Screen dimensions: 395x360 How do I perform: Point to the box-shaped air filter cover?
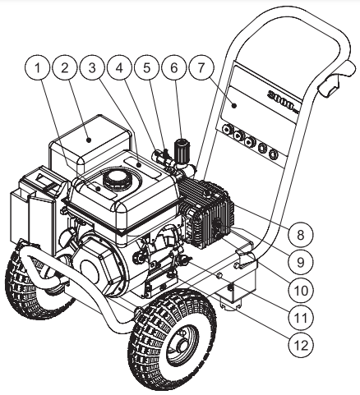point(90,140)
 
